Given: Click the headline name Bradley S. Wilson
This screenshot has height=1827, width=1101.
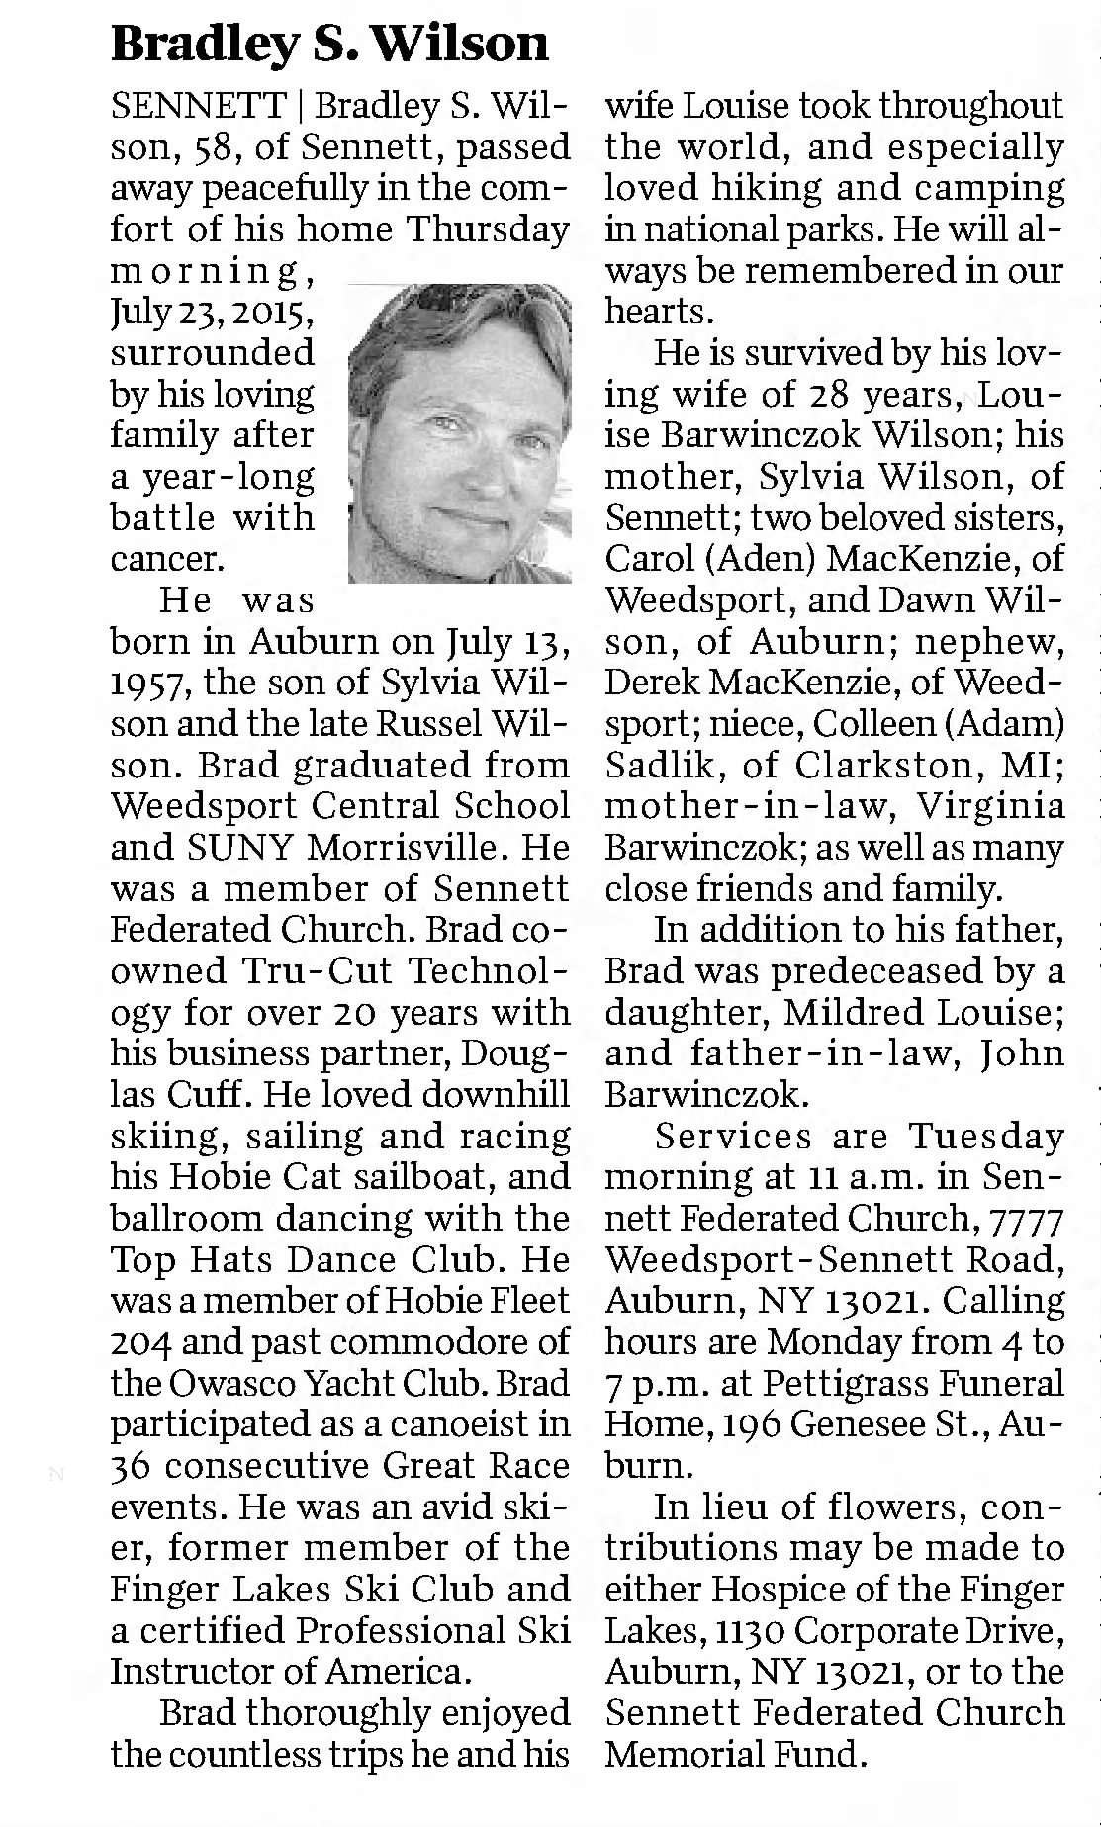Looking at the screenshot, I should click(328, 44).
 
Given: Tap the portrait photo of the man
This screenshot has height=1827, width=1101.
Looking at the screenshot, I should click(460, 432).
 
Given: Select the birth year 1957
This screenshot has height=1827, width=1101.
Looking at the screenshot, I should click(147, 683).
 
